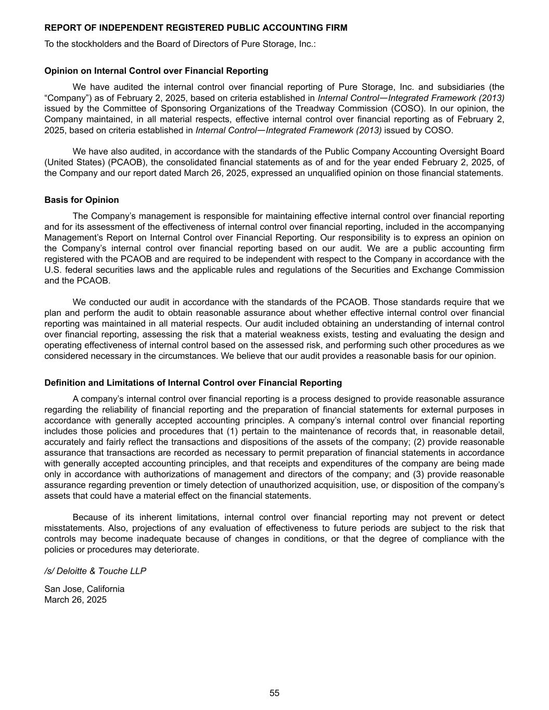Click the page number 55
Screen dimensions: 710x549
pyautogui.click(x=274, y=693)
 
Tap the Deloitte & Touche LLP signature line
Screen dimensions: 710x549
pyautogui.click(x=95, y=571)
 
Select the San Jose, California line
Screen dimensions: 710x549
pyautogui.click(x=84, y=589)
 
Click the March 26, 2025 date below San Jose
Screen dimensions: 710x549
pyautogui.click(x=75, y=599)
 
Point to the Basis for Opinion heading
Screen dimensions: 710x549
pyautogui.click(x=82, y=200)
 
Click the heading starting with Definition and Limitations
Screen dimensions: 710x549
pyautogui.click(x=193, y=383)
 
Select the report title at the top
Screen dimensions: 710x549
pyautogui.click(x=196, y=28)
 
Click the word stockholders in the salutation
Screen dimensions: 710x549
pyautogui.click(x=88, y=44)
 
